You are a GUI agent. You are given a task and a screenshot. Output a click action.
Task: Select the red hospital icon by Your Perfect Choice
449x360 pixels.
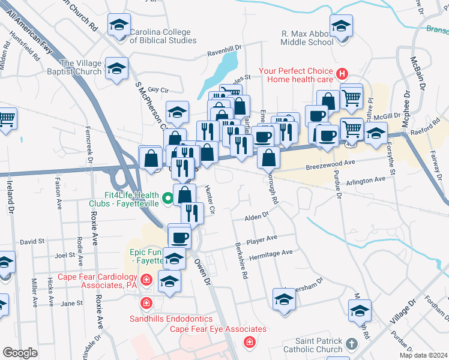(x=342, y=74)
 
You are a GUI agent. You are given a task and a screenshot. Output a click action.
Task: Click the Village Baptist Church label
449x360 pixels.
(x=81, y=67)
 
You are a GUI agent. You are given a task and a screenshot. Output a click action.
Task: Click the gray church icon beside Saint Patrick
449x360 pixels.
(x=352, y=344)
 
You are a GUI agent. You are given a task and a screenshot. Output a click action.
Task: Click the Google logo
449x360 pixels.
(x=20, y=352)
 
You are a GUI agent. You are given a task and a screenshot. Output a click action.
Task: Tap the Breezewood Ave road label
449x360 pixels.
(x=331, y=162)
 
